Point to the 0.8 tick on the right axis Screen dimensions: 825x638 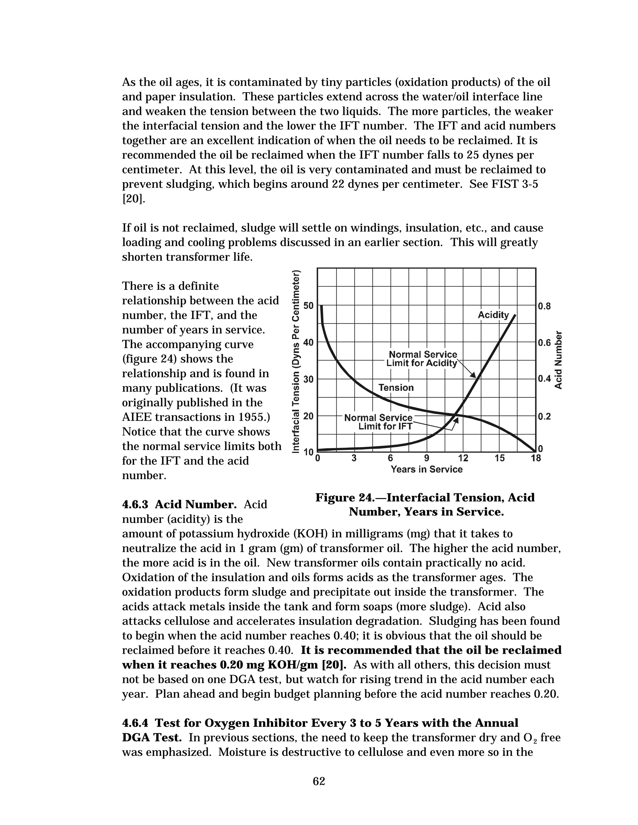click(544, 306)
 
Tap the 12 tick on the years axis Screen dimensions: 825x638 click(463, 459)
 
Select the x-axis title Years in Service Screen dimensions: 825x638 click(426, 469)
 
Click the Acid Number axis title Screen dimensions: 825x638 click(558, 360)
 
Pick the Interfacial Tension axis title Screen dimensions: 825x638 click(297, 361)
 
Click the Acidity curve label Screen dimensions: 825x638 click(493, 315)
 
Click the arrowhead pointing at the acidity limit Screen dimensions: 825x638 click(473, 375)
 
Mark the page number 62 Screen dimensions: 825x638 click(319, 781)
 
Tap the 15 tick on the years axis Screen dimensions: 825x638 click(500, 459)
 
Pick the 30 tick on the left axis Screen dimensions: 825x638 click(309, 379)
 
